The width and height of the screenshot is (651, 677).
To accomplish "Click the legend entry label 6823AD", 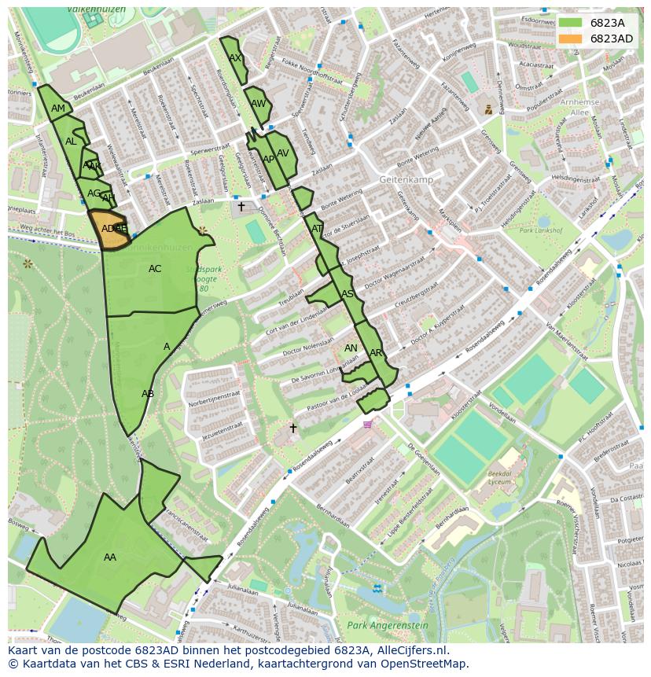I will coord(611,39).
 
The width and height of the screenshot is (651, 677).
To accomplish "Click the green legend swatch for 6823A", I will coord(571,24).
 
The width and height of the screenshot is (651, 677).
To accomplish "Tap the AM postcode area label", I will coord(58,109).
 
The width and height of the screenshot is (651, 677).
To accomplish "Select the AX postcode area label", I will coord(234,58).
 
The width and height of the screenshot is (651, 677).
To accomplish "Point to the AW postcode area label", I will coord(258,104).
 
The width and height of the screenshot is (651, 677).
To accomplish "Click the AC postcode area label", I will coord(155,269).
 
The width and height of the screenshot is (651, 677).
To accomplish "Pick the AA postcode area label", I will coord(110,557).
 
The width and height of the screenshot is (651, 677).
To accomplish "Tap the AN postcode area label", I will coord(351,348).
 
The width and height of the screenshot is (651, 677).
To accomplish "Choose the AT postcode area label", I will coord(317,229).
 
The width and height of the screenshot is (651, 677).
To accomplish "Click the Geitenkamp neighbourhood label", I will coord(406,179).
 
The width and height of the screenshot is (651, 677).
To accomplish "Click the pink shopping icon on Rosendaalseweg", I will coord(367,425).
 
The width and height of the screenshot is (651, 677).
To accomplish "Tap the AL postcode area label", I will coord(71,142).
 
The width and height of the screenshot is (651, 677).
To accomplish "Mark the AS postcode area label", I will coord(347,294).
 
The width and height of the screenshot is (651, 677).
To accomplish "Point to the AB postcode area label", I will coord(147,394).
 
